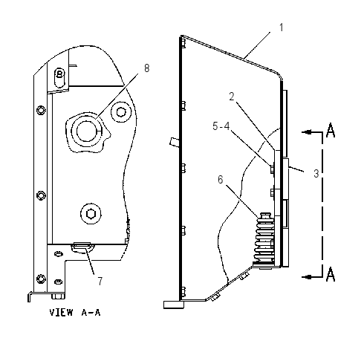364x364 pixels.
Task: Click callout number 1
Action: coord(281,27)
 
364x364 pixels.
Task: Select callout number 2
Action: coord(232,97)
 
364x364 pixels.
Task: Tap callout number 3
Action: coord(316,174)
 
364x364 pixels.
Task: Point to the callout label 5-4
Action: coord(221,126)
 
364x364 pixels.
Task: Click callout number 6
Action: coord(221,180)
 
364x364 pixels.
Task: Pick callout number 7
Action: coord(100,282)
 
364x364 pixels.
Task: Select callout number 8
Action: coord(147,68)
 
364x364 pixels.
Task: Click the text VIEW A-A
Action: coord(75,313)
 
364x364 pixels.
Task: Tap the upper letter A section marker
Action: coord(331,130)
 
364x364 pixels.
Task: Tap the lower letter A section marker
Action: coord(331,274)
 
